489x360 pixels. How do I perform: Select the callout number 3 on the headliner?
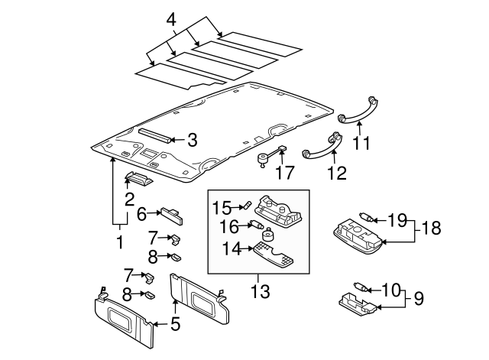[193, 140]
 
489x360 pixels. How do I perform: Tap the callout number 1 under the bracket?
[119, 242]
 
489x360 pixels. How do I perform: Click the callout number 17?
[284, 174]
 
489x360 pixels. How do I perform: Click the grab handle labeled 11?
[355, 109]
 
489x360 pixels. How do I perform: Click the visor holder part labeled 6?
[170, 215]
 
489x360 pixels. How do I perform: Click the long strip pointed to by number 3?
[156, 136]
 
